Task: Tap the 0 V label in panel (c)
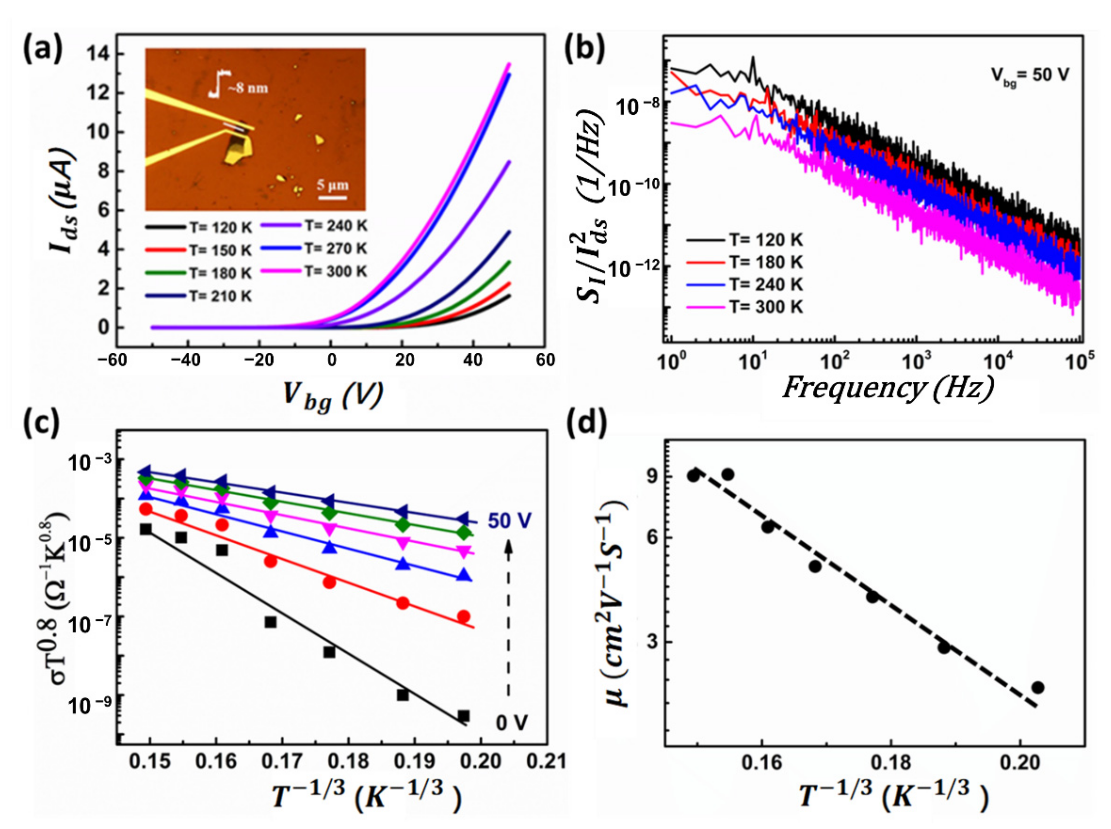click(512, 723)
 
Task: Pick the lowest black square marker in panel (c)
click(463, 716)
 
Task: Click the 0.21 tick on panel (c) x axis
click(549, 762)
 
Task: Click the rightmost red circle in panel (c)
click(463, 616)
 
